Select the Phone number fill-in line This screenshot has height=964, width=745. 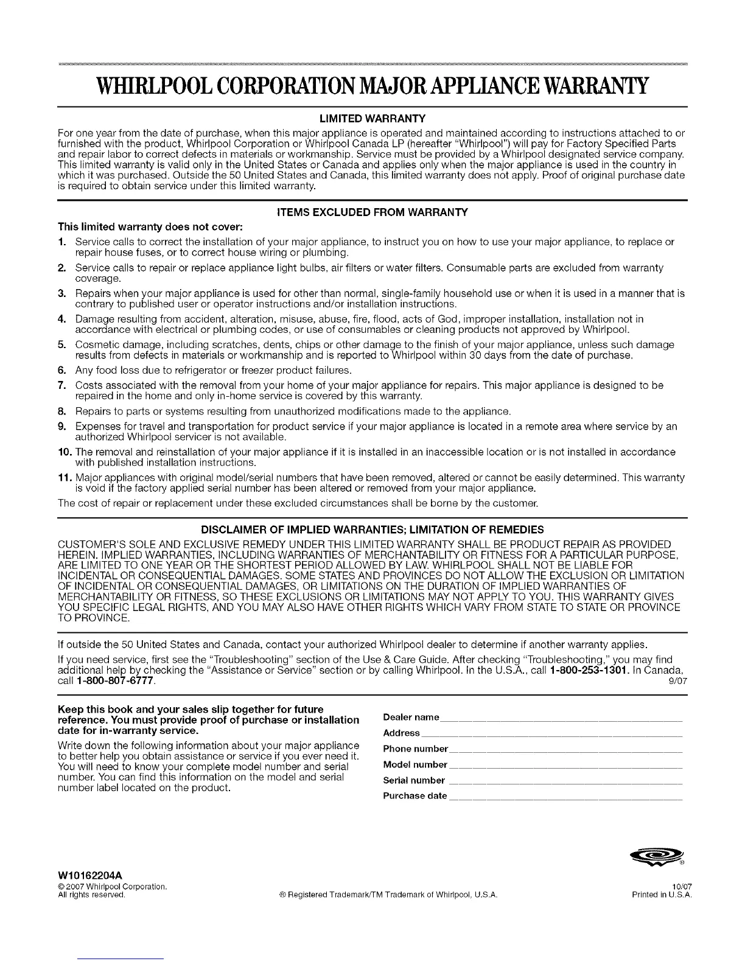click(565, 750)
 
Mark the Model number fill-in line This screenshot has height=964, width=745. click(565, 766)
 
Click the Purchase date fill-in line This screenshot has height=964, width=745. click(565, 797)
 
